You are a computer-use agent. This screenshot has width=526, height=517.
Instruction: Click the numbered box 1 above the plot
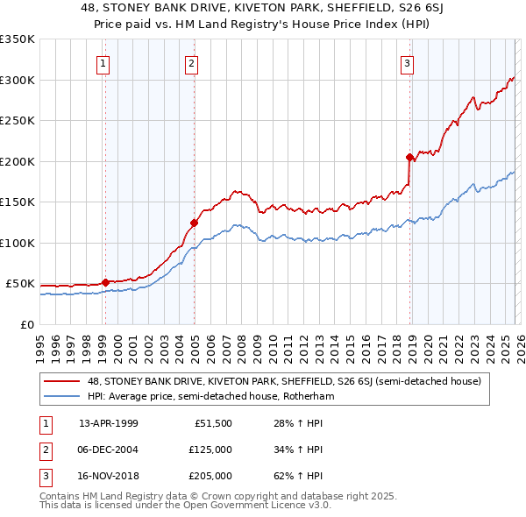click(x=104, y=62)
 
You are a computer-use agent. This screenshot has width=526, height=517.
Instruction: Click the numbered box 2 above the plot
click(x=191, y=62)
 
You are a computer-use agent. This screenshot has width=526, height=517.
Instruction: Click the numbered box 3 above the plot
click(x=408, y=62)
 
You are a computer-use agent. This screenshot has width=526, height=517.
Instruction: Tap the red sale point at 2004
click(x=194, y=223)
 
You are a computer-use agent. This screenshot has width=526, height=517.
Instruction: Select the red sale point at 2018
click(x=410, y=158)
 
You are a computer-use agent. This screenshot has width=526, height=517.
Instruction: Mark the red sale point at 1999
click(x=106, y=282)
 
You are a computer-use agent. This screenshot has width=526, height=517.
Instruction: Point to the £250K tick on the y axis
click(x=18, y=121)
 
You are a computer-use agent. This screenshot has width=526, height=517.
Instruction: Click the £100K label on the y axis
click(x=18, y=243)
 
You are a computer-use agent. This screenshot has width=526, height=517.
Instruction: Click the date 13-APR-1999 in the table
click(x=108, y=423)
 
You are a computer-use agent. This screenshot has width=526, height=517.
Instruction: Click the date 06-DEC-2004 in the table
click(x=108, y=450)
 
